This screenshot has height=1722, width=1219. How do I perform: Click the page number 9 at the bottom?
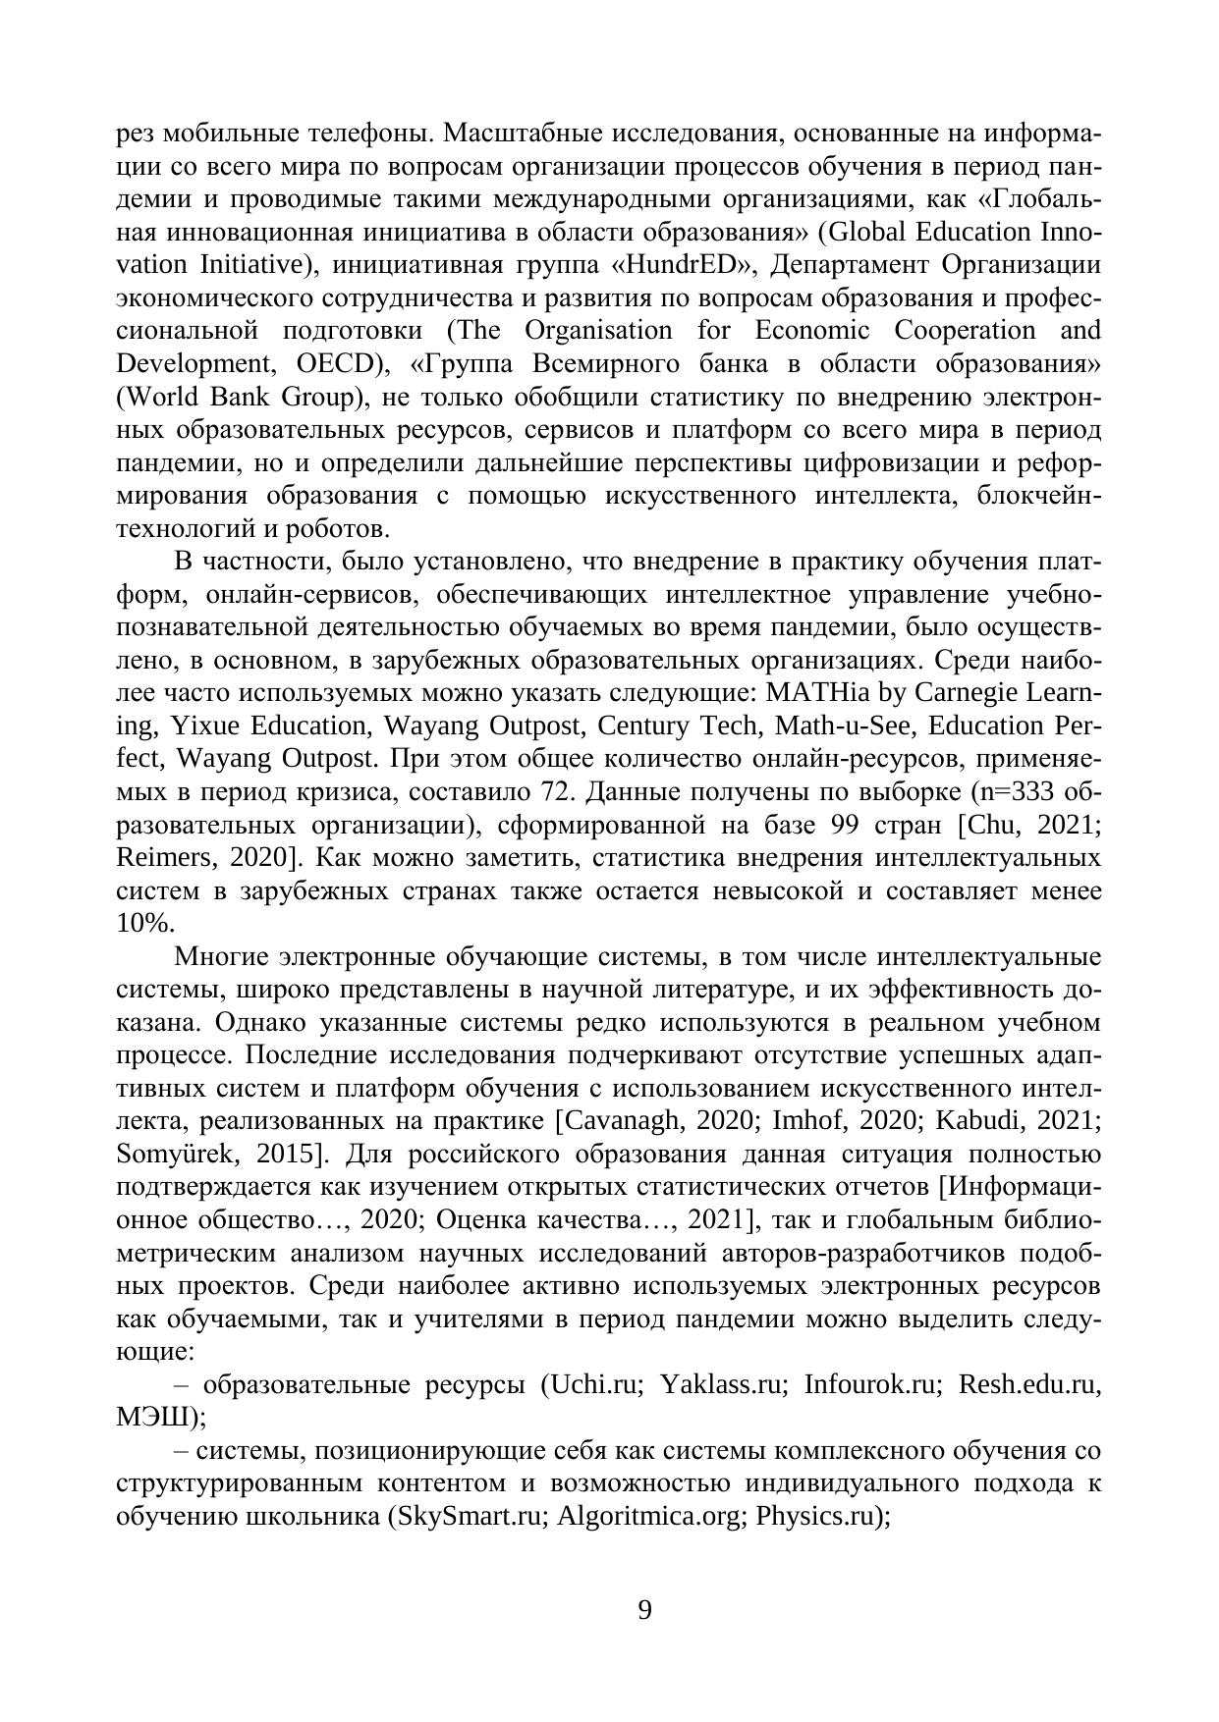pos(644,1610)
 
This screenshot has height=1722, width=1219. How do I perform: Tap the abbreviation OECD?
pos(336,364)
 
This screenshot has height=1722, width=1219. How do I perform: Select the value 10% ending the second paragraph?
pos(145,924)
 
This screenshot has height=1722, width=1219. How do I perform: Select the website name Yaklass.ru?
pos(723,1385)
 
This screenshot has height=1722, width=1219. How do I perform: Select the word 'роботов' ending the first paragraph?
pos(339,529)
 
